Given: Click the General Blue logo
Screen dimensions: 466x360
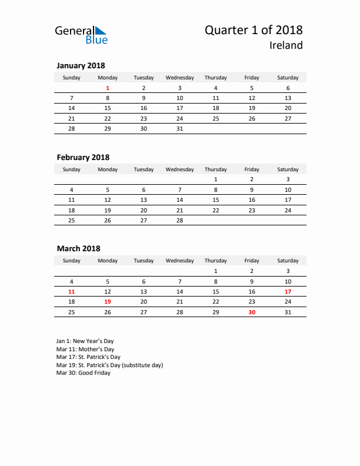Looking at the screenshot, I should [x=81, y=34].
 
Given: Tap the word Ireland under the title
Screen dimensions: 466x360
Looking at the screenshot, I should [x=286, y=45].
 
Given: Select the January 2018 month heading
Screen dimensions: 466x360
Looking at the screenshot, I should [x=81, y=66].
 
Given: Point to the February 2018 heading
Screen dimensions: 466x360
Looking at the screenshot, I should [x=83, y=157].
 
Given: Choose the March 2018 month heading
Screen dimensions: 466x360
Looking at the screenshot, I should [x=78, y=249].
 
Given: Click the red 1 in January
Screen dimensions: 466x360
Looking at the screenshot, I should [x=108, y=88].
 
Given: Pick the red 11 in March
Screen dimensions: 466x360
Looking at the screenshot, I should [x=72, y=291].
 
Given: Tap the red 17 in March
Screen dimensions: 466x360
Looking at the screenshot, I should [x=288, y=291].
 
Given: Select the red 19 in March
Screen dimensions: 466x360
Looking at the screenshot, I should [x=108, y=301].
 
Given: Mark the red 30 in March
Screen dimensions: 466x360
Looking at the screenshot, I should [x=252, y=312].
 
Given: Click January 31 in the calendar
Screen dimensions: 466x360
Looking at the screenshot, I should [x=180, y=128].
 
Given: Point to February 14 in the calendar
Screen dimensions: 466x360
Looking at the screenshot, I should [x=180, y=200].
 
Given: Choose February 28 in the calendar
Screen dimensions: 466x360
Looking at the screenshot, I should [x=180, y=221].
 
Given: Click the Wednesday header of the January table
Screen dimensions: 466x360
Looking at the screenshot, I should [x=180, y=78].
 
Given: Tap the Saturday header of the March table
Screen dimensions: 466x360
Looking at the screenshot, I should [x=288, y=261].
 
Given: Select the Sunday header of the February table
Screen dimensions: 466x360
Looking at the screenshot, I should [x=72, y=169].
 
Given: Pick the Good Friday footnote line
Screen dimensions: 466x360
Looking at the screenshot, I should [x=83, y=373].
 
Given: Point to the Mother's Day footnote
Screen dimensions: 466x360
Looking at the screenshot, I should [x=86, y=349].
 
